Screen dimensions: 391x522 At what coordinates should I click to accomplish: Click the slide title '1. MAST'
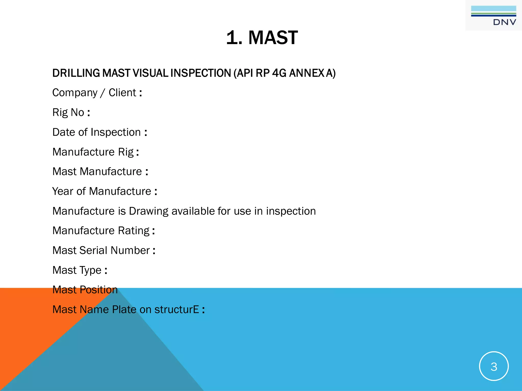click(262, 38)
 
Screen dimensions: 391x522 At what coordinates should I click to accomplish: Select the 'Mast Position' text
click(85, 290)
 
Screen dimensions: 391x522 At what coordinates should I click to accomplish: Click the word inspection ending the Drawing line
click(291, 211)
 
